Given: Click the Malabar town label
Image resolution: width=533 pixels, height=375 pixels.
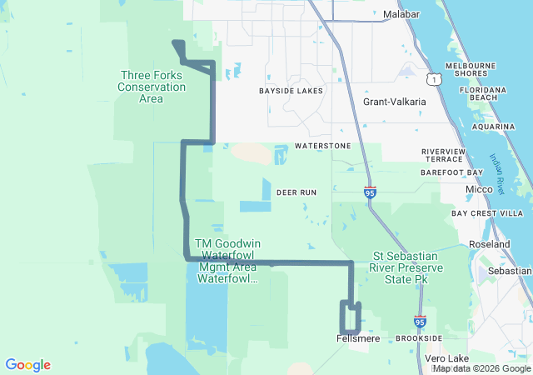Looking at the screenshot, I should [401, 14].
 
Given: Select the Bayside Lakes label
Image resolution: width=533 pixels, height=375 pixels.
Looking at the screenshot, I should [289, 90].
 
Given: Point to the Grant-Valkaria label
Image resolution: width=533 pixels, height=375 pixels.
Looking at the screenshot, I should [394, 102].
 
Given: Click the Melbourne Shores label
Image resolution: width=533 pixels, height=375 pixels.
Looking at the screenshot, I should [471, 69].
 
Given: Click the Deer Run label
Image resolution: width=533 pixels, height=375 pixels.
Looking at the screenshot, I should [296, 192].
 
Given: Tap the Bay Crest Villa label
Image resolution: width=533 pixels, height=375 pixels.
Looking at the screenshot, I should [486, 213].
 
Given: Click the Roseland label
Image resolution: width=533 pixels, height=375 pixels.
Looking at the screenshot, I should [490, 244].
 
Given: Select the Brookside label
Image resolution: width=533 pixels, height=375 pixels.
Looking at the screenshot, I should [419, 338].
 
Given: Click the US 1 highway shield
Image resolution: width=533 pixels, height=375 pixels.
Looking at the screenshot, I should [433, 78].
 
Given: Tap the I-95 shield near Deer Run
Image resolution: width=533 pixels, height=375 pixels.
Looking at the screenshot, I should [370, 192].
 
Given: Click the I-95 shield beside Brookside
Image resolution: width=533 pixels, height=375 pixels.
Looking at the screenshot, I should [420, 321].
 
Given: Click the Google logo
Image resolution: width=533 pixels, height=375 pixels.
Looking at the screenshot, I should [27, 365].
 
